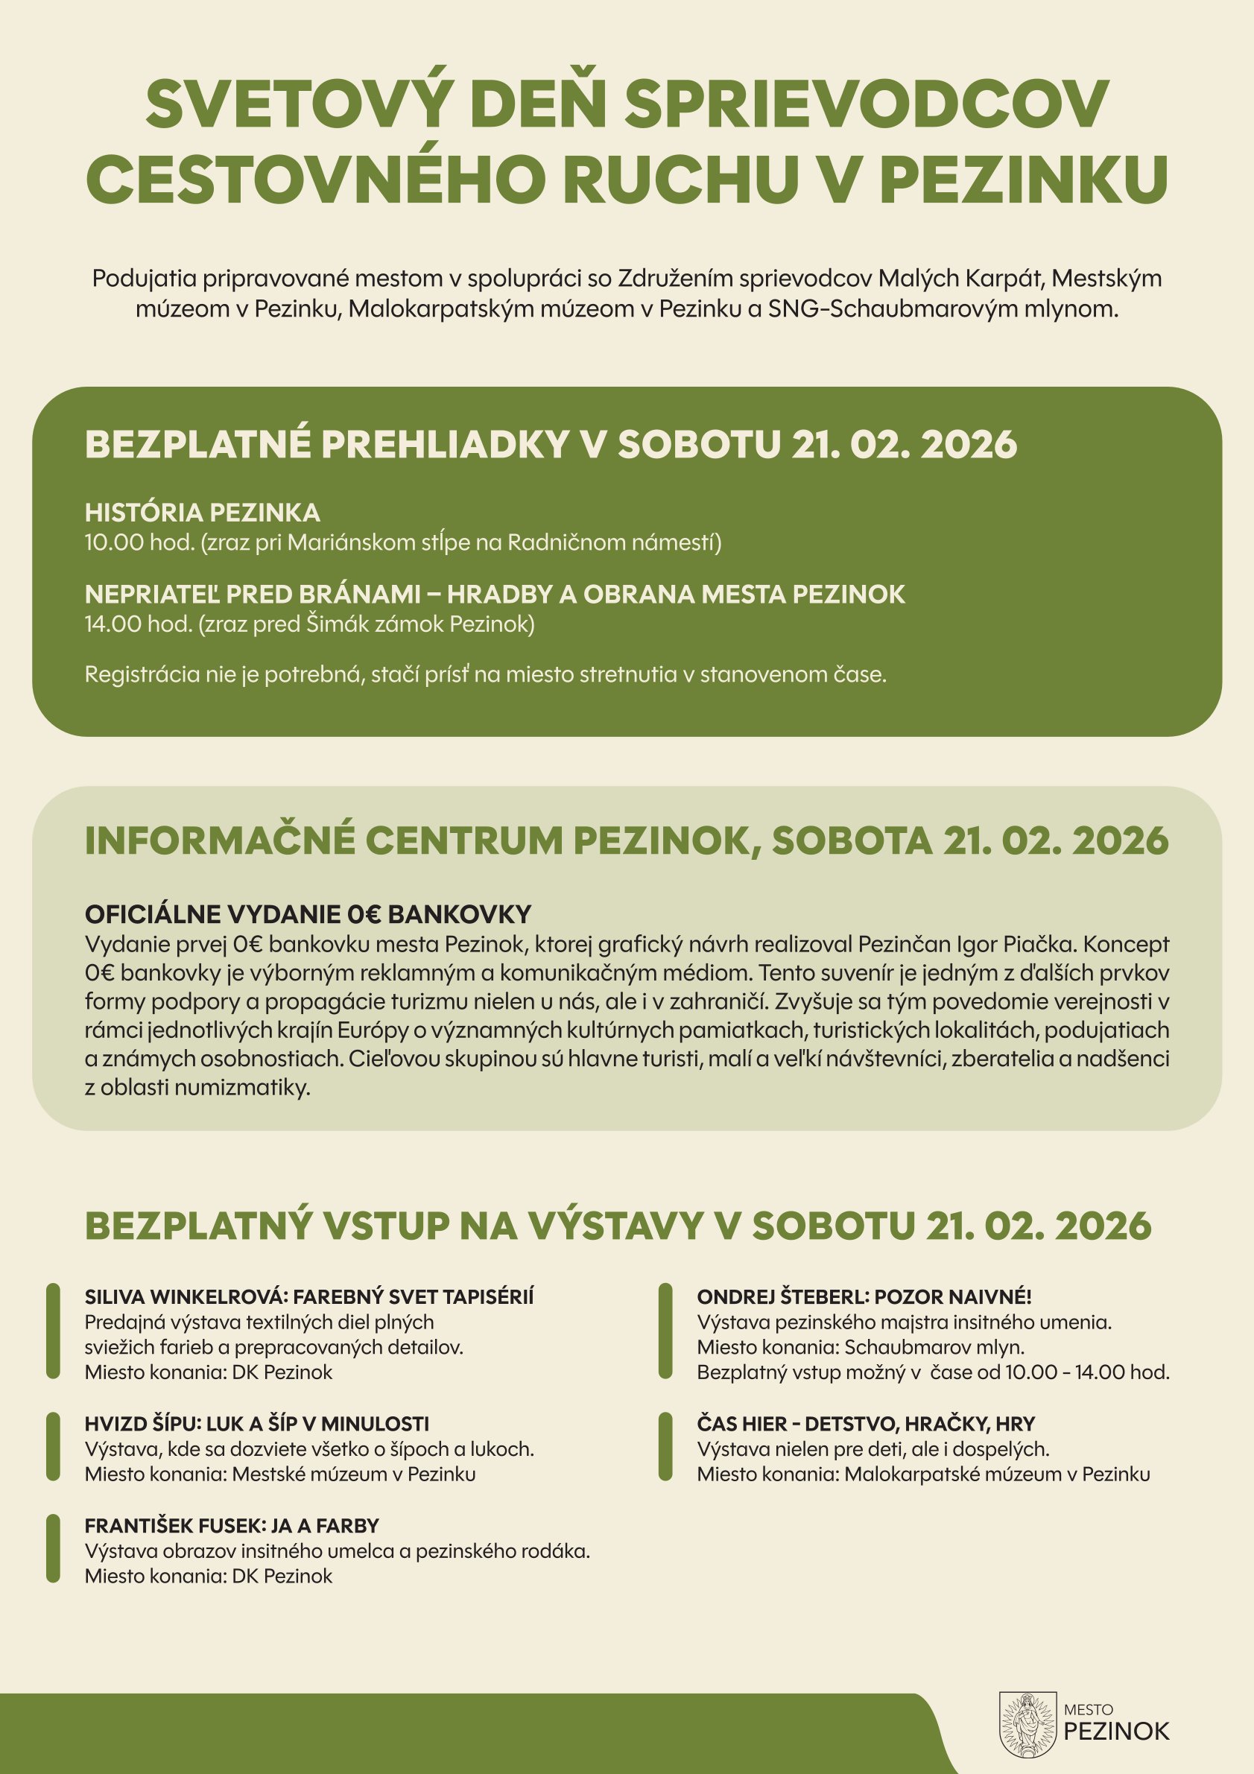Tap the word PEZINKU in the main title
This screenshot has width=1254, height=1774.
tap(1023, 179)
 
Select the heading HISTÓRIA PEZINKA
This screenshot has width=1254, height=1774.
tap(202, 513)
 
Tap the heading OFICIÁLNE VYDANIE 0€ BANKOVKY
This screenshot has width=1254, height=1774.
tap(308, 914)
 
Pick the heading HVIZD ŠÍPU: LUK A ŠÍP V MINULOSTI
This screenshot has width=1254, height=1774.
tap(256, 1423)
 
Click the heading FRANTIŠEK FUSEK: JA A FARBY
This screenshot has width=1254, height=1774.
tap(232, 1525)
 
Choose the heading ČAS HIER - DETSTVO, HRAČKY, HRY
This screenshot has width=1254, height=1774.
tap(865, 1423)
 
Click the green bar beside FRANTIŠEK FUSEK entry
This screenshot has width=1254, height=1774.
tap(53, 1548)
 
